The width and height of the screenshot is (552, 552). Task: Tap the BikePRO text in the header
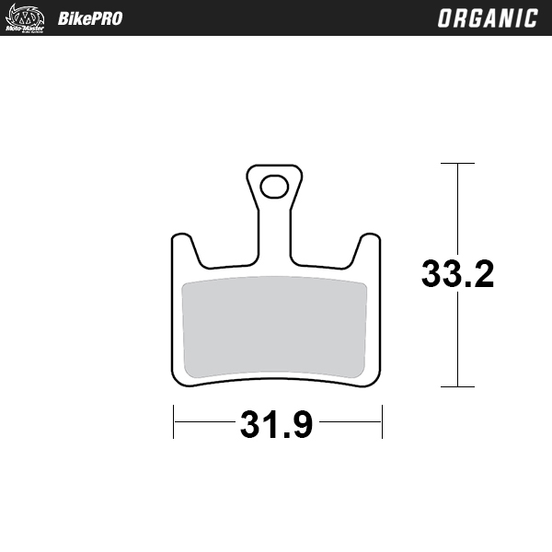[89, 18]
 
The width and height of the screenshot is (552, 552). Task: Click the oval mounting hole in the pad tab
[273, 187]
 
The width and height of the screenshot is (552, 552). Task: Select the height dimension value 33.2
[457, 274]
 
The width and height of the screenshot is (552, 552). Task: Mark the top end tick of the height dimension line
[457, 164]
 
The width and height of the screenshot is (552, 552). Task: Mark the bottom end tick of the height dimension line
[457, 386]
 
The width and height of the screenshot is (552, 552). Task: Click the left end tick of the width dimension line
[173, 423]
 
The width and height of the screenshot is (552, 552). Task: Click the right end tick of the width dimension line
[382, 423]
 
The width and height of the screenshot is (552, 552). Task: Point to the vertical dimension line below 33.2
[457, 340]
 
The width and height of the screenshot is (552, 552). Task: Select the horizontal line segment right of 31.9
[350, 423]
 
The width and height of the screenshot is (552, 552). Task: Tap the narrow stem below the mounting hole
[273, 235]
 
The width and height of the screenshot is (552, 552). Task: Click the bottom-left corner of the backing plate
[178, 378]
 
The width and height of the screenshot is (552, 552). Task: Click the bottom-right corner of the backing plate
[374, 378]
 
